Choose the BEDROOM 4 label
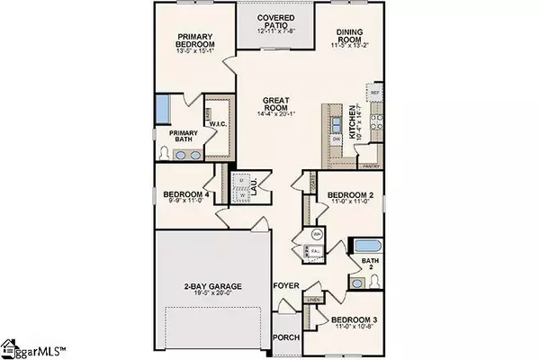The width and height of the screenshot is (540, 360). coord(185,193)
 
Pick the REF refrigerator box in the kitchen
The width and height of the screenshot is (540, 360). coord(375,93)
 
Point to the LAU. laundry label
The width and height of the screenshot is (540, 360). coord(255,189)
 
